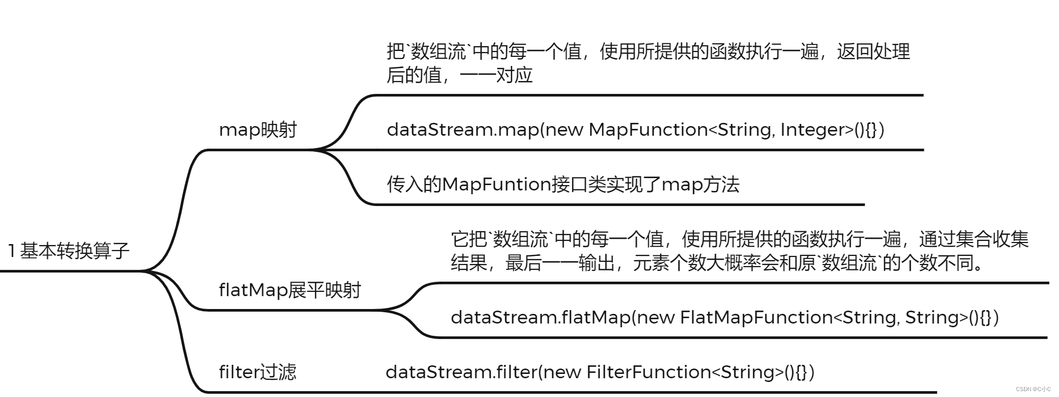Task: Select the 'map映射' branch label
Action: [x=258, y=130]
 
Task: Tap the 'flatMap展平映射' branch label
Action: [x=290, y=290]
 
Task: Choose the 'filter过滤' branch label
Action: [x=258, y=372]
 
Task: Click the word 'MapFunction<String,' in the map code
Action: [x=682, y=130]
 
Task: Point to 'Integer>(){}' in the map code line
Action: [x=832, y=130]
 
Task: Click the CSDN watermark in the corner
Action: [x=1033, y=389]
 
